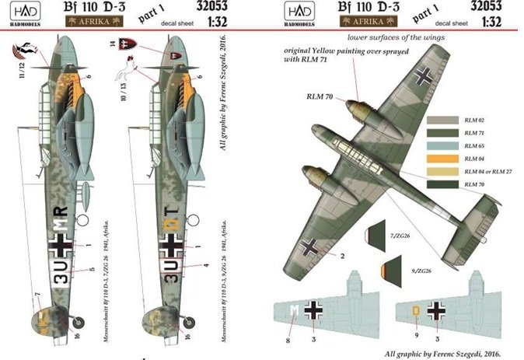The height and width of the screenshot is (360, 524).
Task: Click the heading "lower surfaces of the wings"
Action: pyautogui.click(x=400, y=36)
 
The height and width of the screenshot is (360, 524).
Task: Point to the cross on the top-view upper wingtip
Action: pyautogui.click(x=424, y=77)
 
